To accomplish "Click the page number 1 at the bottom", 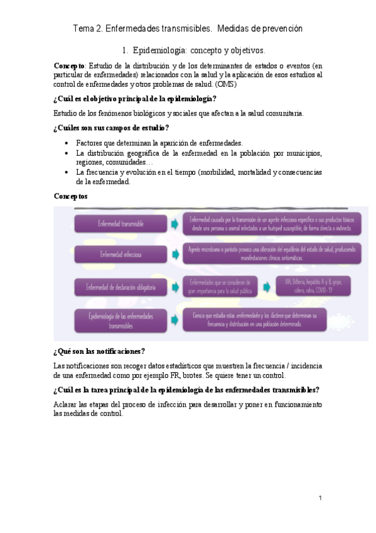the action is pyautogui.click(x=320, y=498).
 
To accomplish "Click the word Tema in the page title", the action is pyautogui.click(x=83, y=29).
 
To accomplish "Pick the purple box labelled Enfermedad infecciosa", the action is pyautogui.click(x=120, y=254).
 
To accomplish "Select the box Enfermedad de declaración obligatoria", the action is pyautogui.click(x=120, y=287).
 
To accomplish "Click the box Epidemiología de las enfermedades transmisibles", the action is pyautogui.click(x=120, y=321).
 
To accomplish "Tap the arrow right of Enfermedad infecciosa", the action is pyautogui.click(x=174, y=254).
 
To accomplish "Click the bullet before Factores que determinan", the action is pyautogui.click(x=67, y=143).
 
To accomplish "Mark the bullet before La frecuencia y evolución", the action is pyautogui.click(x=67, y=172).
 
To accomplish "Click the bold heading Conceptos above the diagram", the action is pyautogui.click(x=71, y=197).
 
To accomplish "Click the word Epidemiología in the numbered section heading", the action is pyautogui.click(x=162, y=49).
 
